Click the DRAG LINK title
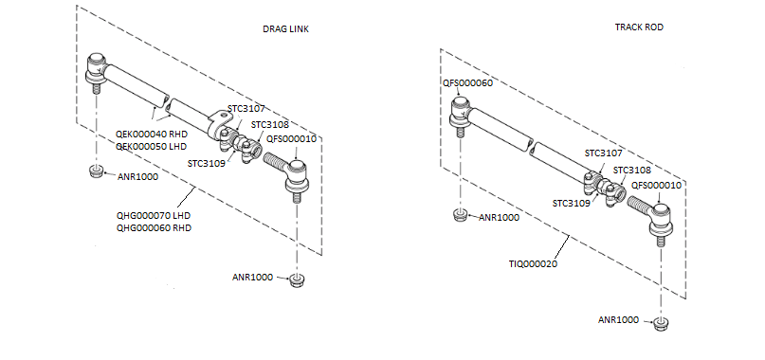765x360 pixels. (285, 29)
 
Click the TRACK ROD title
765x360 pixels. (638, 28)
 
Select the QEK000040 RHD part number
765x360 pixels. (152, 134)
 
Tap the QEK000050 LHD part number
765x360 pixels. (152, 147)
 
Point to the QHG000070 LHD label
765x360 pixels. (154, 215)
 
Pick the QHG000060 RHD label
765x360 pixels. (154, 227)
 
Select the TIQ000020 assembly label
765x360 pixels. (533, 263)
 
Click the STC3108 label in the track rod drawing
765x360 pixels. (632, 171)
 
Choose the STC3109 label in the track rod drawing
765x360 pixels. (572, 202)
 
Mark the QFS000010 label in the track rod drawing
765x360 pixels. (656, 185)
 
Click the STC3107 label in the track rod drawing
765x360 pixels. (603, 153)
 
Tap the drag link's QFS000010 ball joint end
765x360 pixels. (295, 174)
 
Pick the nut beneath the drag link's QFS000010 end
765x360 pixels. (296, 279)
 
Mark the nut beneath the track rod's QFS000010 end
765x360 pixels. (661, 324)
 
